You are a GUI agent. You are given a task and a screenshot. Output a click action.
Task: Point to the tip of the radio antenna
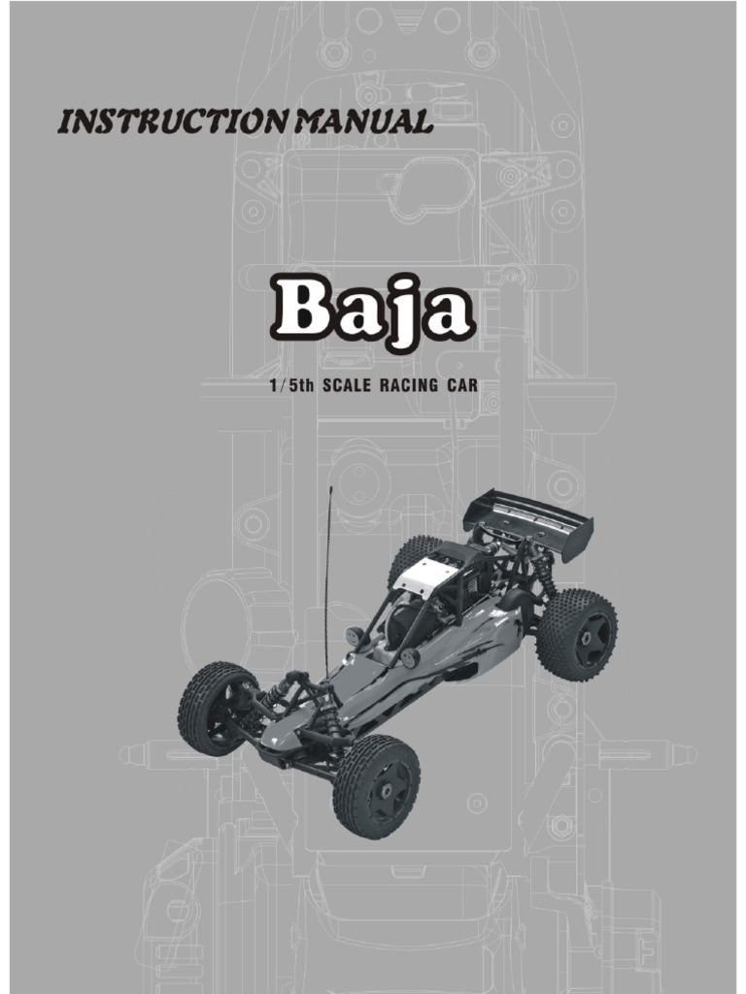pyautogui.click(x=330, y=488)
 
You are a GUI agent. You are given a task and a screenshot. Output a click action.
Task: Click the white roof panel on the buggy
pyautogui.click(x=424, y=580)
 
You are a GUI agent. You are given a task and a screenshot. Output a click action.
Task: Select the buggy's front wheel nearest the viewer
pyautogui.click(x=376, y=785)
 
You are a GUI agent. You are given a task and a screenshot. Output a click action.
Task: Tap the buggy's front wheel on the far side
pyautogui.click(x=216, y=708)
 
